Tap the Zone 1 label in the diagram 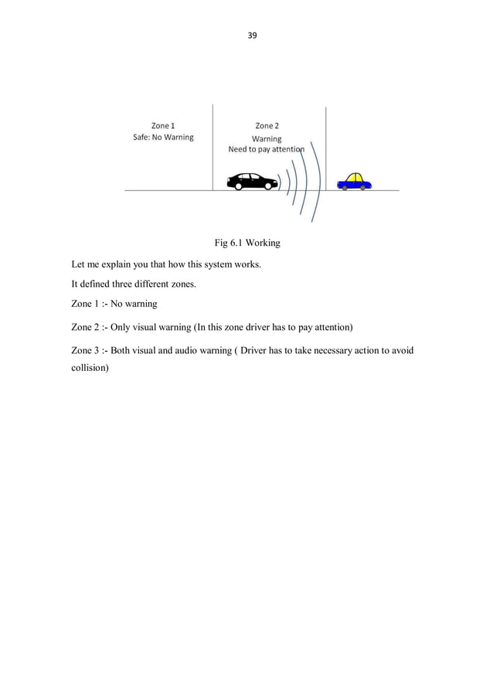coord(162,125)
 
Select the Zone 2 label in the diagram coord(267,125)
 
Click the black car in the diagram coord(252,182)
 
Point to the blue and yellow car coord(355,182)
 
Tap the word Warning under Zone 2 coord(267,139)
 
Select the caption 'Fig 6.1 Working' coord(246,243)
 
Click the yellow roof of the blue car coord(355,177)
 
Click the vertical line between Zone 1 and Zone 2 coord(212,147)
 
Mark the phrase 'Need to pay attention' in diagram coord(265,149)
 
